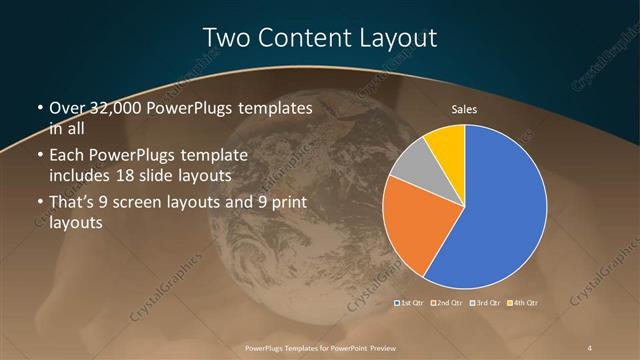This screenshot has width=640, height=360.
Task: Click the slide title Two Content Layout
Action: pyautogui.click(x=320, y=38)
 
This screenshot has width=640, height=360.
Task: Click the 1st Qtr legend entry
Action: pyautogui.click(x=411, y=302)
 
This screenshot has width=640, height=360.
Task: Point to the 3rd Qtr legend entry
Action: pyautogui.click(x=486, y=302)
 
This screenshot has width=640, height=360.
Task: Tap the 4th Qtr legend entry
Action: pyautogui.click(x=523, y=302)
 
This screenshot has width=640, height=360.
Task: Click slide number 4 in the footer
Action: pyautogui.click(x=590, y=347)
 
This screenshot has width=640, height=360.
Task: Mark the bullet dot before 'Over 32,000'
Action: pyautogui.click(x=39, y=108)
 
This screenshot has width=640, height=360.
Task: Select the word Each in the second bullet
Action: pyautogui.click(x=68, y=157)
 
